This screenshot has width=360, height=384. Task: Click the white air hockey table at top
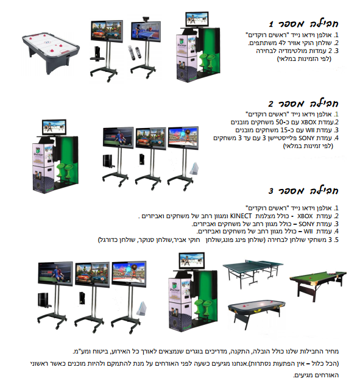(x=51, y=52)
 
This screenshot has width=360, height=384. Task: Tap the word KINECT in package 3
(x=241, y=216)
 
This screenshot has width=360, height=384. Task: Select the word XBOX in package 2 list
(x=309, y=122)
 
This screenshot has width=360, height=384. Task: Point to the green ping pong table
(x=253, y=272)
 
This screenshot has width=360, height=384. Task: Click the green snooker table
(x=318, y=284)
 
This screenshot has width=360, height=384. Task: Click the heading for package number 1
(x=303, y=24)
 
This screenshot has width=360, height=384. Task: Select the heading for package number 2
(x=303, y=104)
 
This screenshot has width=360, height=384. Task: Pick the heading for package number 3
(x=303, y=191)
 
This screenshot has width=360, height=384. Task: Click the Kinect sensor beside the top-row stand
(x=97, y=54)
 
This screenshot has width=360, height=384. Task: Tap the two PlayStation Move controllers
(x=135, y=52)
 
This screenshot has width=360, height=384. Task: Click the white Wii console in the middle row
(x=194, y=168)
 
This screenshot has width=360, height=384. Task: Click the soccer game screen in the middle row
(x=118, y=137)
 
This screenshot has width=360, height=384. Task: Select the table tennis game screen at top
(x=146, y=31)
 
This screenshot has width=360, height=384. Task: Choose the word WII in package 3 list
(x=308, y=231)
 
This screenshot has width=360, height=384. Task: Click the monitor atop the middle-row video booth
(x=54, y=127)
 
